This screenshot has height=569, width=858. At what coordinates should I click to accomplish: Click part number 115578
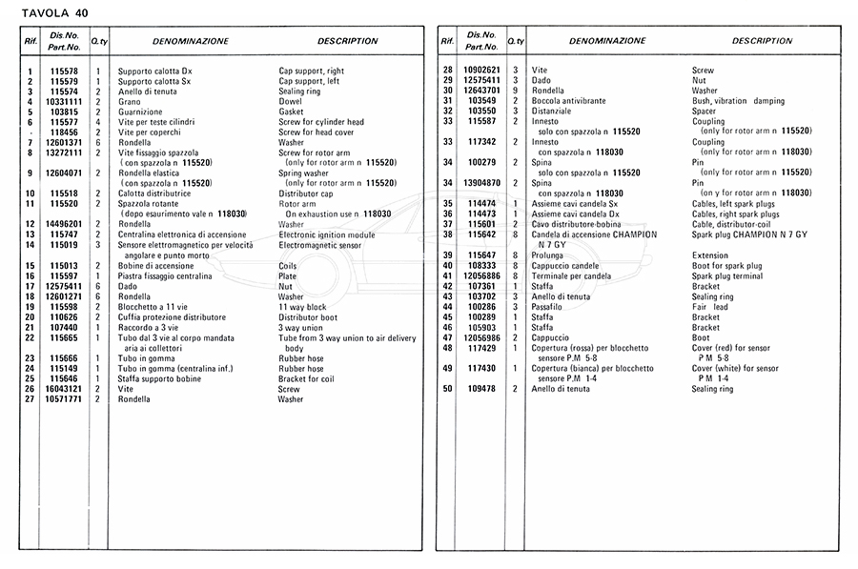[64, 71]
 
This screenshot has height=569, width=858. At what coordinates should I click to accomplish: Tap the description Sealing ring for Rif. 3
[299, 91]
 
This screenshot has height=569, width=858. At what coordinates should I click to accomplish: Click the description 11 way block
[302, 307]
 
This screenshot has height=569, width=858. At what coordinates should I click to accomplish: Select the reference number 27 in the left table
[30, 399]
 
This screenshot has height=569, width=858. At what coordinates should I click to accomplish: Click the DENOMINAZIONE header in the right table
[607, 42]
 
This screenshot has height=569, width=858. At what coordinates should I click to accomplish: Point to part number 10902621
[481, 71]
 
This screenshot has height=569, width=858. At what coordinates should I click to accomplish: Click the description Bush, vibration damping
[738, 101]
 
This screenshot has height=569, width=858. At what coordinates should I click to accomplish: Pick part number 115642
[481, 234]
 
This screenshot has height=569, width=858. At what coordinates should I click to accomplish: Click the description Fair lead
[709, 307]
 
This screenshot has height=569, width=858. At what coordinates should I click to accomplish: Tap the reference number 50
[447, 389]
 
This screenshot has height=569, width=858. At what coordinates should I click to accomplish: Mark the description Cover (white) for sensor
[734, 368]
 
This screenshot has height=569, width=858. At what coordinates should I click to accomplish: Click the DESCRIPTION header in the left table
[347, 42]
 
